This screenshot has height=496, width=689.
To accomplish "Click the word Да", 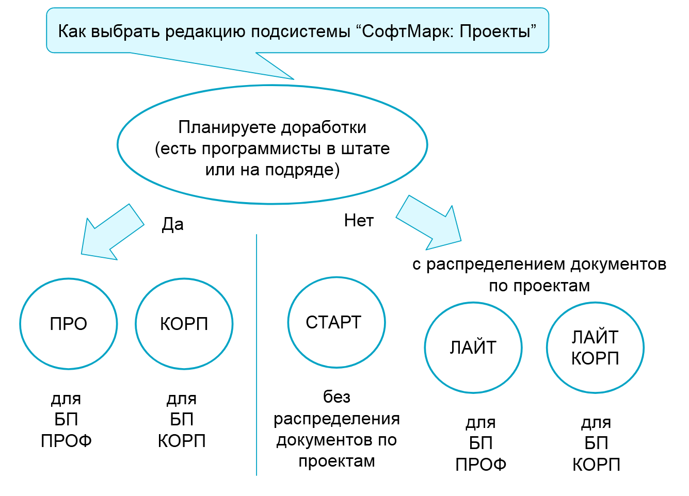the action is (172, 224).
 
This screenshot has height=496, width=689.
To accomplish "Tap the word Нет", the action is (359, 221).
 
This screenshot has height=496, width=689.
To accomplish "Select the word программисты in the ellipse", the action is (261, 149).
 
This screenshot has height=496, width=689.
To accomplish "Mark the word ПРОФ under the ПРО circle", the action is (67, 441).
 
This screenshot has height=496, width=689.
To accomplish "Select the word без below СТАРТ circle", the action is (337, 396).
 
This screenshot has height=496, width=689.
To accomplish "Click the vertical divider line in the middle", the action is (256, 355).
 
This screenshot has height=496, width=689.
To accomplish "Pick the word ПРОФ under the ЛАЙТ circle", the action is (481, 465).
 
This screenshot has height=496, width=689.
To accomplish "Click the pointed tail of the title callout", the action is (294, 79).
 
